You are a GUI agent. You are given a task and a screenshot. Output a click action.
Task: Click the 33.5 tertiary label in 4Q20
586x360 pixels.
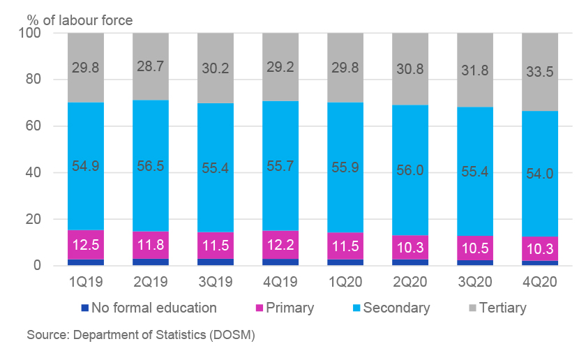[x=540, y=72]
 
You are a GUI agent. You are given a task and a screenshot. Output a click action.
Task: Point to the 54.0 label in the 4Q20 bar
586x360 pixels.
[x=540, y=174]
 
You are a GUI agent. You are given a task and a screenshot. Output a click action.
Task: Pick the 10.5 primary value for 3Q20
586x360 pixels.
[x=475, y=249]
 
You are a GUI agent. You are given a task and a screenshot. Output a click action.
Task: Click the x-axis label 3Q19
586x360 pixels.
[x=216, y=282]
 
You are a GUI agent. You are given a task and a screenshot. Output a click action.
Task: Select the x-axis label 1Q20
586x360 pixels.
[x=345, y=282]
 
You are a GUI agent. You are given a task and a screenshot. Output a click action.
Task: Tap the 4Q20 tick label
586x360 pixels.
[x=540, y=282]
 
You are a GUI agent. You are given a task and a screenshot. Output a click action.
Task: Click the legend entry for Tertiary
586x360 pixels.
[x=498, y=308]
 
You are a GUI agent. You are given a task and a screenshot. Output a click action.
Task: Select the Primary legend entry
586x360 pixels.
[x=285, y=308]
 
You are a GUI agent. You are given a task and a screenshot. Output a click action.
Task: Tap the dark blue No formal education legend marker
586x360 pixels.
[x=85, y=308]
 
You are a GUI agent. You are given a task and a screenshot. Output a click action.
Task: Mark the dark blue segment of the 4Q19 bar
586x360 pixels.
[x=280, y=262]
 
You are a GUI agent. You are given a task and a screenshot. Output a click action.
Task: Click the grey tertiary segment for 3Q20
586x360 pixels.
[x=475, y=70]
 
